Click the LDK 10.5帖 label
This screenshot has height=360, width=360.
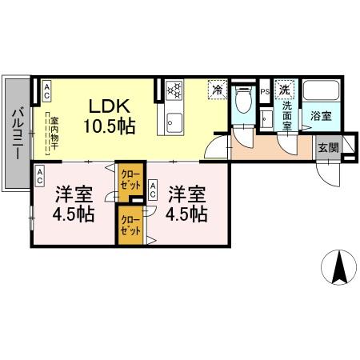[x=110, y=115]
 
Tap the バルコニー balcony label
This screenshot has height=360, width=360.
[x=17, y=133]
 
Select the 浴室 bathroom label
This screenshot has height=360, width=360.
[x=321, y=117]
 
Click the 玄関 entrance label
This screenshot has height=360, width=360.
[x=327, y=146]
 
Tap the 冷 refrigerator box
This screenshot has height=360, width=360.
[x=217, y=90]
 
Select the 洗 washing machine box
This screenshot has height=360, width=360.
[x=284, y=90]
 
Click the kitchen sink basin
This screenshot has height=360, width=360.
[x=174, y=124]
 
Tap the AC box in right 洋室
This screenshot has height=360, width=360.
[x=154, y=191]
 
